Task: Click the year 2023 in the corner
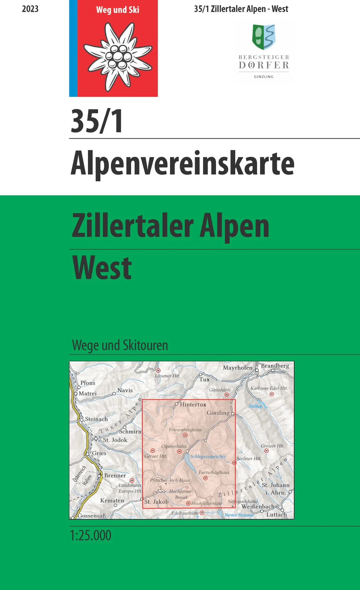click(x=30, y=9)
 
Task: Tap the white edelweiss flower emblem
click(x=117, y=56)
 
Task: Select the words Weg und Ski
click(x=117, y=10)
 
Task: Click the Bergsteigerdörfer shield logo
click(x=264, y=37)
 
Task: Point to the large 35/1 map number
click(x=97, y=121)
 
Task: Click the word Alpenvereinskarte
click(x=182, y=163)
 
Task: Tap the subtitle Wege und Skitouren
click(x=120, y=345)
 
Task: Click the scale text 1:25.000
click(x=91, y=535)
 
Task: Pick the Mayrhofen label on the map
click(x=238, y=368)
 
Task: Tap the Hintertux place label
click(x=193, y=404)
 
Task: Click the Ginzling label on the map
click(x=218, y=413)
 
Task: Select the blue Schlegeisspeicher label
click(x=208, y=456)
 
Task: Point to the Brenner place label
click(x=115, y=476)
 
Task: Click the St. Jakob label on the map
click(x=156, y=502)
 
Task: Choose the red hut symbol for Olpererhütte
click(x=179, y=452)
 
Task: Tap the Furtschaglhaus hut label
click(x=214, y=472)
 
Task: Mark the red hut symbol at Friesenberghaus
click(x=185, y=435)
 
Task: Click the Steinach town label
click(x=96, y=419)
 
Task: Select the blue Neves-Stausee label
click(x=239, y=515)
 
